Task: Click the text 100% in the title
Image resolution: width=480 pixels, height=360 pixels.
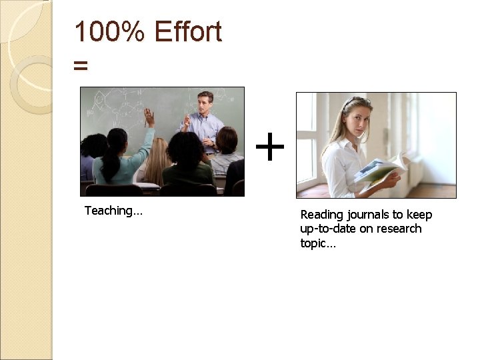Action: pyautogui.click(x=108, y=31)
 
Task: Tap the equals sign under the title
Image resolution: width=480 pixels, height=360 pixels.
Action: pyautogui.click(x=81, y=65)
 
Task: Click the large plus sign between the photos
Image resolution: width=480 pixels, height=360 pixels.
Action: pyautogui.click(x=270, y=147)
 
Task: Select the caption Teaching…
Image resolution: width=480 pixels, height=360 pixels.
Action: pyautogui.click(x=113, y=211)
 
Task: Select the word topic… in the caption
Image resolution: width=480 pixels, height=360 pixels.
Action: pyautogui.click(x=319, y=243)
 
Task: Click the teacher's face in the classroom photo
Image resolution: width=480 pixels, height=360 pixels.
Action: pyautogui.click(x=205, y=102)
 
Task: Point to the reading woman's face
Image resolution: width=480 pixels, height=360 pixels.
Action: pyautogui.click(x=355, y=117)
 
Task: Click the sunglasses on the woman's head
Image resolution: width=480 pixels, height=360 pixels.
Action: pyautogui.click(x=355, y=101)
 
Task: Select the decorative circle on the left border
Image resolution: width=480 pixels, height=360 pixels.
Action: pyautogui.click(x=29, y=83)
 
